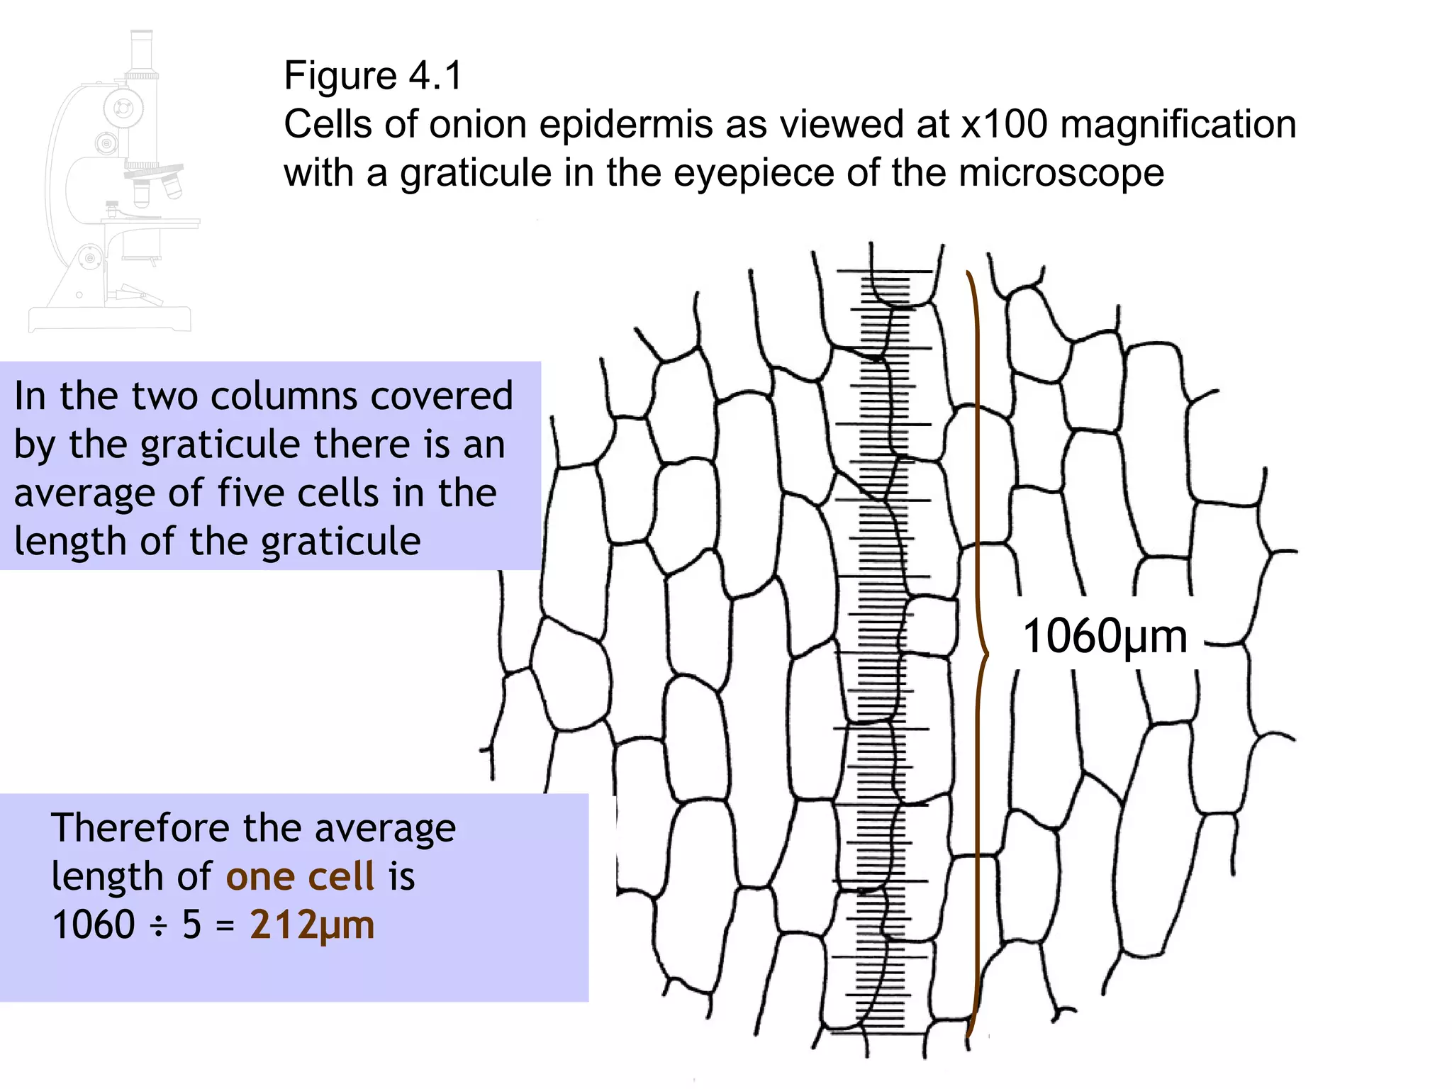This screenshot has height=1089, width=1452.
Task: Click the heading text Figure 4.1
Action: coord(373,76)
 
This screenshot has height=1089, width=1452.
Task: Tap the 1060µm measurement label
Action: coord(1105,636)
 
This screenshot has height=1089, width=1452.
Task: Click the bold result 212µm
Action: coord(312,925)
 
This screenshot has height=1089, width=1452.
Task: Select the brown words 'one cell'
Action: coord(300,876)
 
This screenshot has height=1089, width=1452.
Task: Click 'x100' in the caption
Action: coord(1004,125)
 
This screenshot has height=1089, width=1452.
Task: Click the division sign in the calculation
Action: coord(159,925)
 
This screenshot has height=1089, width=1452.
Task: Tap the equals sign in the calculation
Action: coord(225,925)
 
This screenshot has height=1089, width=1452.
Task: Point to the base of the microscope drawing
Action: coord(110,318)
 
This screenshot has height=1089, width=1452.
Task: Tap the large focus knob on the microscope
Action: coord(123,108)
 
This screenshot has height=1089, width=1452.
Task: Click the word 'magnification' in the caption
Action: coord(1178,125)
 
